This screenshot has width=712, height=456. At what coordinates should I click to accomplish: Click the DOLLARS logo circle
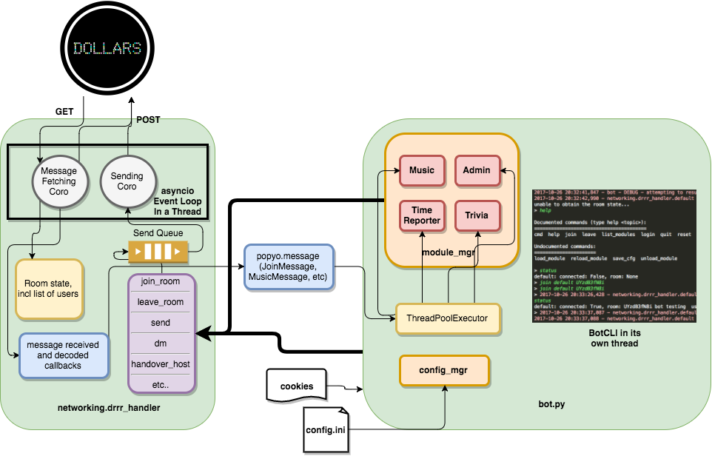(x=107, y=48)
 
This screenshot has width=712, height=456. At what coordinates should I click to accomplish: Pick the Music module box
(x=422, y=170)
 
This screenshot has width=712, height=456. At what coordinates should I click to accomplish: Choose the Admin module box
(x=477, y=170)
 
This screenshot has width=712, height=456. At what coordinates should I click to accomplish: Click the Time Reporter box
(x=422, y=215)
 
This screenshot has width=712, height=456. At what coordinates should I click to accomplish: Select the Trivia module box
(x=477, y=215)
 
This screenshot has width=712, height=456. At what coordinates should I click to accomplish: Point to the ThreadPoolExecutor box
(x=447, y=318)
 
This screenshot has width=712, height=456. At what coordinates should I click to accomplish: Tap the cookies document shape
(x=296, y=386)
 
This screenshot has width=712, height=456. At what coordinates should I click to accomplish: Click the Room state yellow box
(x=49, y=289)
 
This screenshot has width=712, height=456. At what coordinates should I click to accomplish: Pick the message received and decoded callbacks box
(x=63, y=355)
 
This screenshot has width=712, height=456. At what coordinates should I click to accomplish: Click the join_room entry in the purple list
(x=161, y=282)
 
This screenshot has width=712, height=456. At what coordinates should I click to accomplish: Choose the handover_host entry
(x=161, y=364)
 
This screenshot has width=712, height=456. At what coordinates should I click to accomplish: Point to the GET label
(x=65, y=112)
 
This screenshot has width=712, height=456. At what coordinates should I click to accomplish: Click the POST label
(x=147, y=119)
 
